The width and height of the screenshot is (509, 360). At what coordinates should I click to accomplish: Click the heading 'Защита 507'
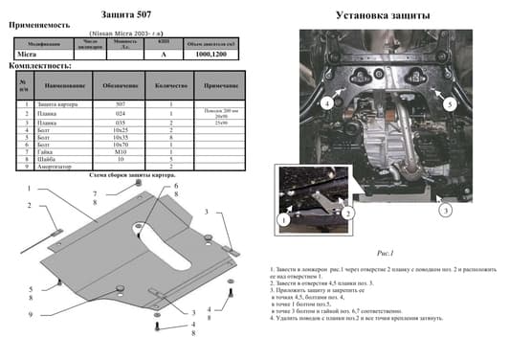click(125, 15)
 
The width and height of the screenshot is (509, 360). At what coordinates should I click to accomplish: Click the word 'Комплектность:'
click(39, 66)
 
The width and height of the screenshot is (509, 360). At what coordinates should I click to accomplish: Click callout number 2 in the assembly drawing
click(29, 205)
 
